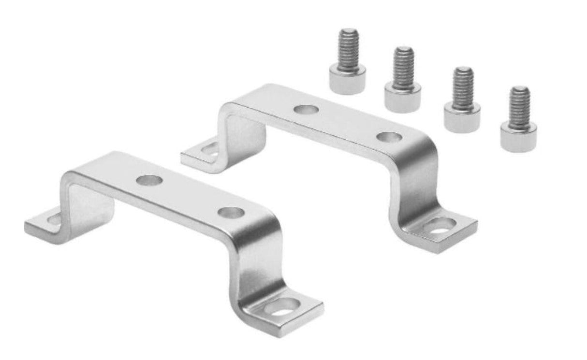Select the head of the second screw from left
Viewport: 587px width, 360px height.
[403, 99]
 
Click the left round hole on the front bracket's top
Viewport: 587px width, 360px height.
[148, 181]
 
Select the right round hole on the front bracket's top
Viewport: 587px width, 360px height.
[231, 212]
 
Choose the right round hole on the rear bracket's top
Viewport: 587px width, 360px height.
[389, 137]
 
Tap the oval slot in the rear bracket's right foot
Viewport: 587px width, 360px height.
[441, 225]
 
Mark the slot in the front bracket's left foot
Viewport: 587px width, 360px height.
[54, 219]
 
